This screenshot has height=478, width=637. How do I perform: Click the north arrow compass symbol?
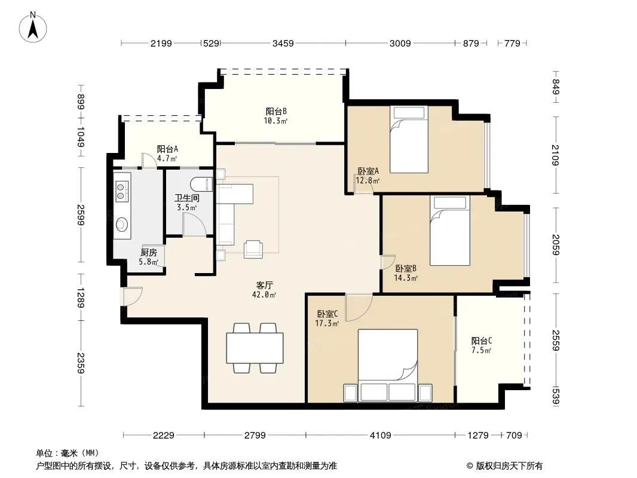33,27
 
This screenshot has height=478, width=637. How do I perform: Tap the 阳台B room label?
276,111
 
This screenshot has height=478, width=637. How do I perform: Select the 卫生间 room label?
187,198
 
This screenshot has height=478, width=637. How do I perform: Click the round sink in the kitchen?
122,224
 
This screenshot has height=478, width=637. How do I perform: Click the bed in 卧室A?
409,139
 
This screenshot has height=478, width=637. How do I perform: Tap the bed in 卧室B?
450,231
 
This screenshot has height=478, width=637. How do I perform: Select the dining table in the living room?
255,348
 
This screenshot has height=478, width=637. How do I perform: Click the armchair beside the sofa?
253,249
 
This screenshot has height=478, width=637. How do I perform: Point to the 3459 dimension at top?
283,43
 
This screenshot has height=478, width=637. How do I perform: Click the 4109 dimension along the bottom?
380,436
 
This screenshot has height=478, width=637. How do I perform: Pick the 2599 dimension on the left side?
81,215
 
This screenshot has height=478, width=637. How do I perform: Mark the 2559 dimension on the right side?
556,341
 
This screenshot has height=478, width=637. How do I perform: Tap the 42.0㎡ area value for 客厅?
264,295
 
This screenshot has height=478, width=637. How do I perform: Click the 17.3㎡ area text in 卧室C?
327,323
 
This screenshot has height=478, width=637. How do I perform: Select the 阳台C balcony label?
482,341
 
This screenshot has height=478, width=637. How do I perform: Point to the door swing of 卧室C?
359,308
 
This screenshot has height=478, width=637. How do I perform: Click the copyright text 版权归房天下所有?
509,466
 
